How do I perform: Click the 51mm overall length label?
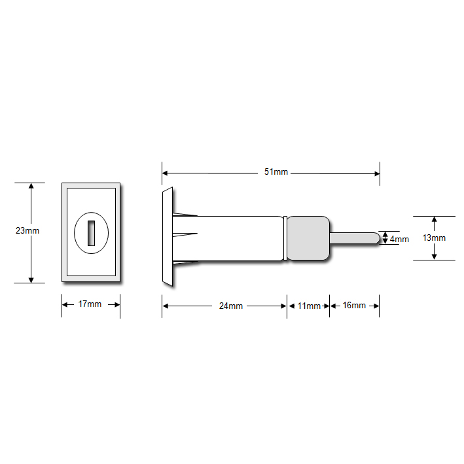click(x=276, y=172)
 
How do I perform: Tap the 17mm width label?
click(x=90, y=304)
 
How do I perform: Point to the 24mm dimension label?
click(x=230, y=306)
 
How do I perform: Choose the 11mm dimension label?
click(x=309, y=306)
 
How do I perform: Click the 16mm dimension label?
click(x=354, y=306)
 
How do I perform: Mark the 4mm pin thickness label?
click(x=399, y=240)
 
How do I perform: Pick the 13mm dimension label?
click(x=434, y=238)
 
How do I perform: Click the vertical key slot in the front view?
click(x=91, y=232)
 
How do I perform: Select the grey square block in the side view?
click(x=308, y=238)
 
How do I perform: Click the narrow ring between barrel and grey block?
click(x=285, y=238)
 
